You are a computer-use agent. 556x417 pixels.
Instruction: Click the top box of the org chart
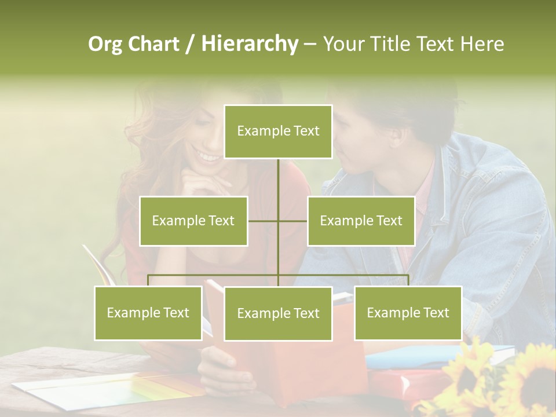point(278,131)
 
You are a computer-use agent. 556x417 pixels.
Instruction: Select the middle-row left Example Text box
point(193,221)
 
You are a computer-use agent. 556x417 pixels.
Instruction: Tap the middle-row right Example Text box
point(361,221)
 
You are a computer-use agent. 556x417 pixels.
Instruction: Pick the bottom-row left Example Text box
point(148,313)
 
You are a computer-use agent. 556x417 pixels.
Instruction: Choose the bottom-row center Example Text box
point(278,313)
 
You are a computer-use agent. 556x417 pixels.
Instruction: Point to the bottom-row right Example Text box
point(408,313)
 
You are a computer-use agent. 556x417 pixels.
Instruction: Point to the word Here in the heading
point(482,44)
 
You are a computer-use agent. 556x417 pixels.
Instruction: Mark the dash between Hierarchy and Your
point(310,45)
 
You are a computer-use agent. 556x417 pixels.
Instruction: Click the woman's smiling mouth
point(207,155)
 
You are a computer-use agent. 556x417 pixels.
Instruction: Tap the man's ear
point(396,138)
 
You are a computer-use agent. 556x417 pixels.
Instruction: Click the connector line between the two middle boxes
point(278,221)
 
